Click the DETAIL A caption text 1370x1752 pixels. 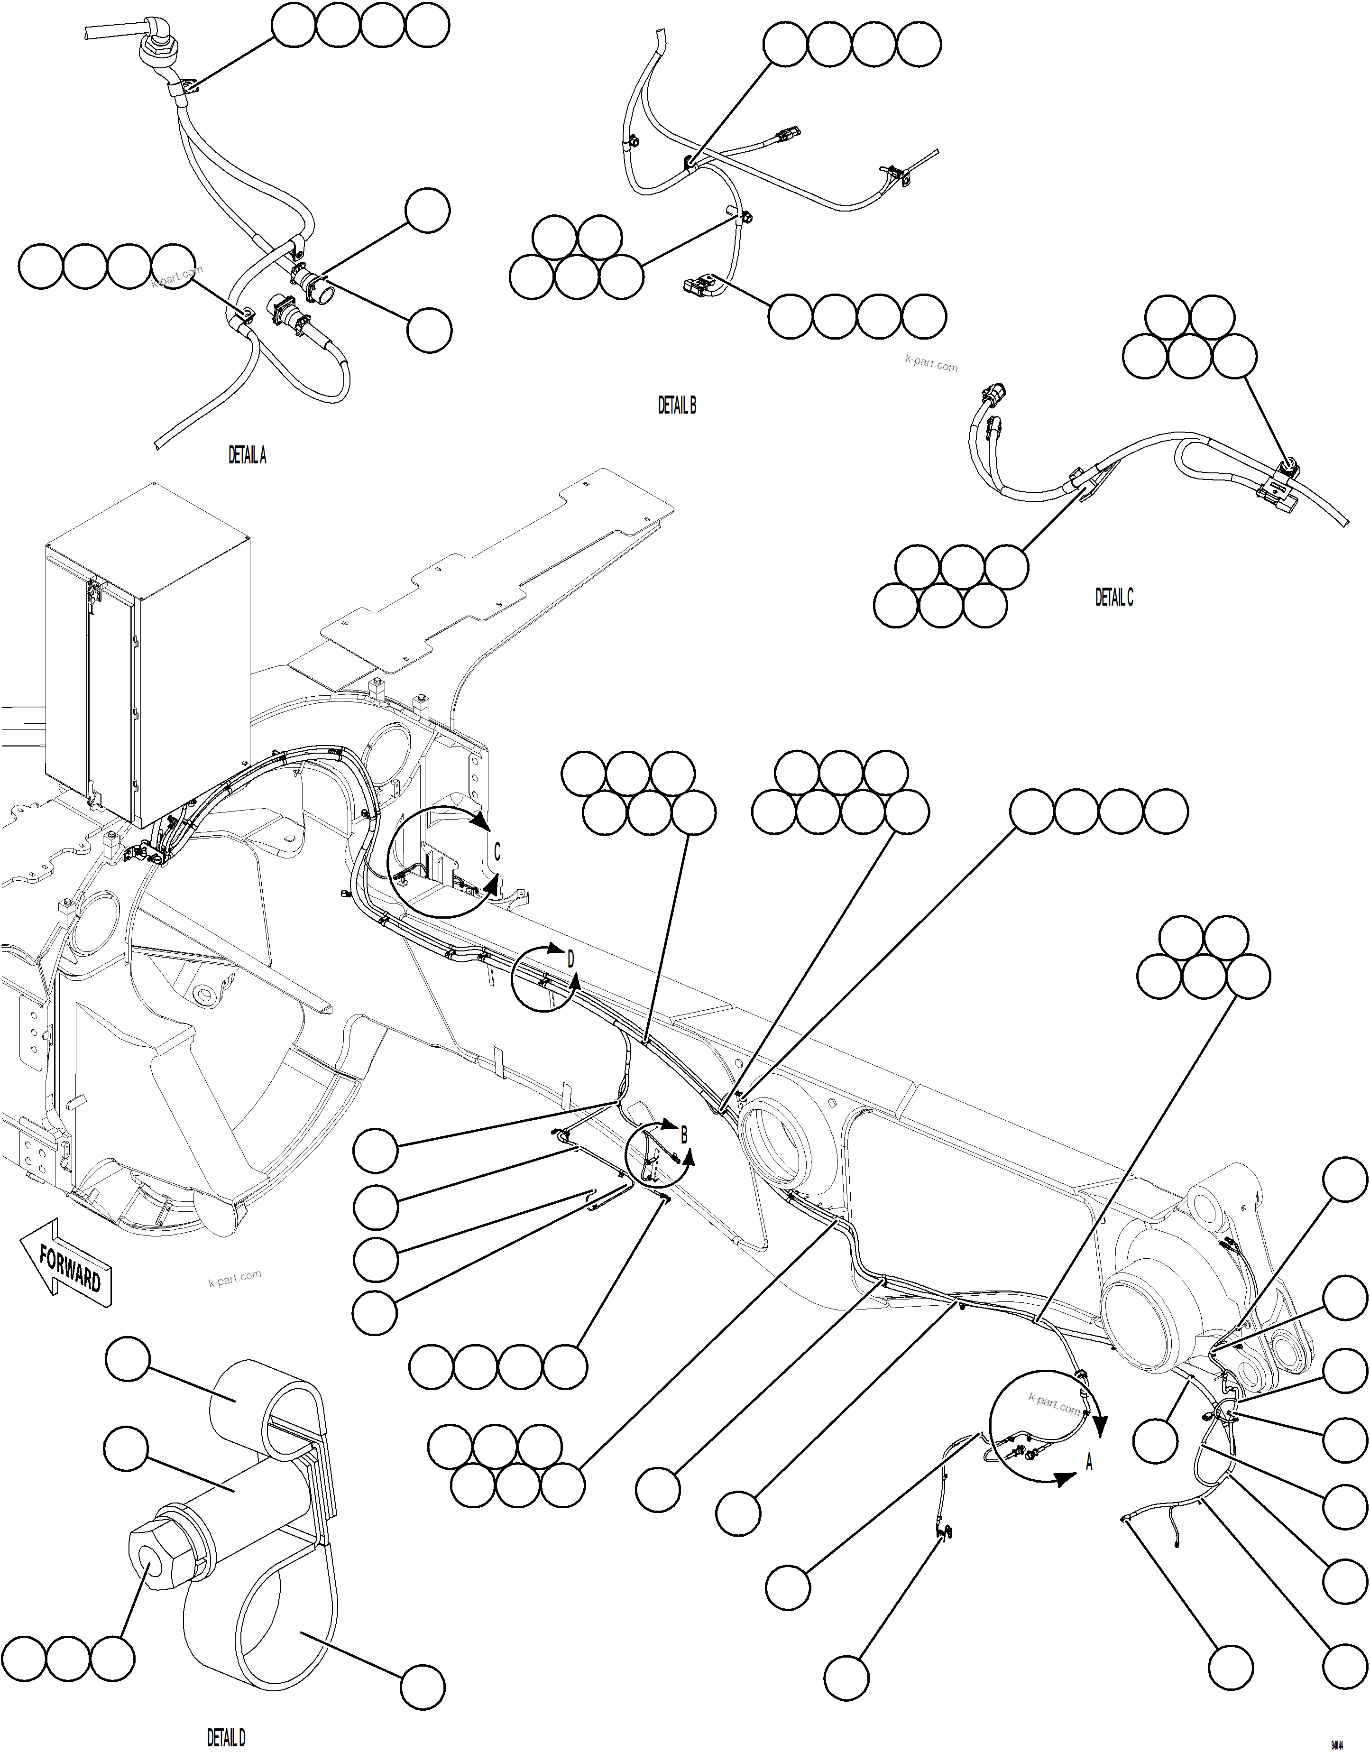click(247, 456)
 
